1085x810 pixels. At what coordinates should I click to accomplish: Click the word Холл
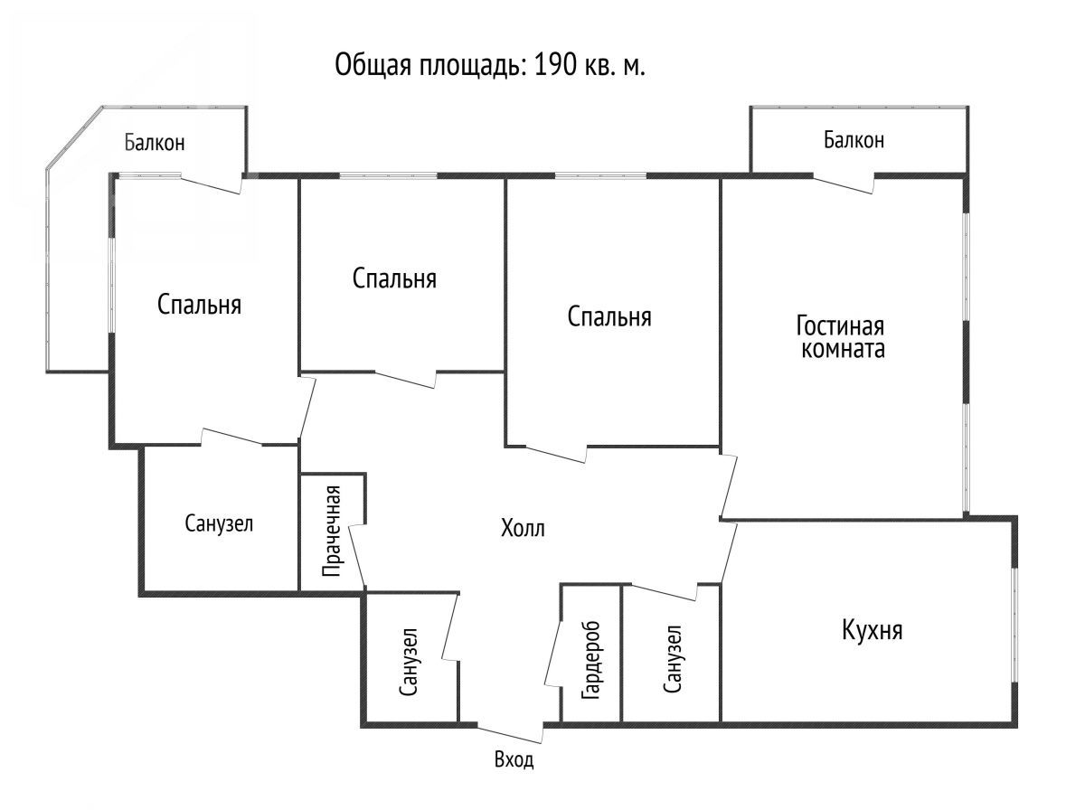(523, 528)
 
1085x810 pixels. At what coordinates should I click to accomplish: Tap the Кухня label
(872, 631)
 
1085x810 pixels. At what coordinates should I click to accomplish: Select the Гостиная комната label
(840, 337)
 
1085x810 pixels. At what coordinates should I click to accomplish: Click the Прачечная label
(331, 531)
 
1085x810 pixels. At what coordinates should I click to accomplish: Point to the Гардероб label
(591, 660)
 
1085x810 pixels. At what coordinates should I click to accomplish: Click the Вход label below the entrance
(514, 759)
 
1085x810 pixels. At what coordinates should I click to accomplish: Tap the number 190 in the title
(555, 65)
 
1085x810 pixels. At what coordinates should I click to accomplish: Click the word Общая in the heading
(373, 66)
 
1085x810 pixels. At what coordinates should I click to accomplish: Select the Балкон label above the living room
(854, 140)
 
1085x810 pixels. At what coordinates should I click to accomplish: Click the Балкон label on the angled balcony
(155, 142)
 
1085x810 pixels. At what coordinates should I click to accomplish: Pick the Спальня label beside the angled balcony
(199, 304)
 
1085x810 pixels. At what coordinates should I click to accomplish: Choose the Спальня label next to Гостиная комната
(609, 316)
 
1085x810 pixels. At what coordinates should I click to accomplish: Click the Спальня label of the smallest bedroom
(394, 278)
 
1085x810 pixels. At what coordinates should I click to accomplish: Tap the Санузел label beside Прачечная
(219, 523)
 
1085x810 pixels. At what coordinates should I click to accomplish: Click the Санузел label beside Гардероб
(673, 659)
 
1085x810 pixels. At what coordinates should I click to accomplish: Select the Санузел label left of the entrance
(410, 662)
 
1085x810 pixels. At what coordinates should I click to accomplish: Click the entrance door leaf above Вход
(510, 734)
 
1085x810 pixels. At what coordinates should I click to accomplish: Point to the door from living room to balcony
(844, 184)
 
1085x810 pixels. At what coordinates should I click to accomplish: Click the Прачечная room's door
(357, 555)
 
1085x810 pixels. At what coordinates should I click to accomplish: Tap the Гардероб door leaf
(553, 652)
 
